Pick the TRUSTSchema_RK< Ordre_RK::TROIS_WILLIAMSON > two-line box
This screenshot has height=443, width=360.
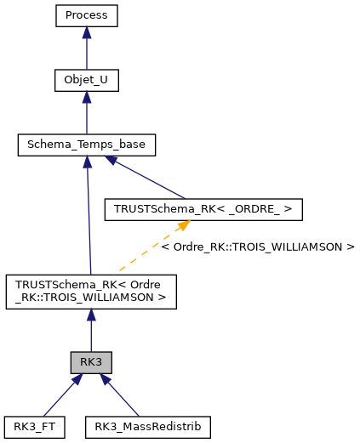(91, 292)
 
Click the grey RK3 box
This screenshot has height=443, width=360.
(91, 362)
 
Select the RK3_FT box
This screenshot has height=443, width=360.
(35, 426)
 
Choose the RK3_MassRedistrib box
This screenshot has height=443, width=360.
(147, 426)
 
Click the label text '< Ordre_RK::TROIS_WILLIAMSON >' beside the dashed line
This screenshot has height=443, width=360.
(257, 247)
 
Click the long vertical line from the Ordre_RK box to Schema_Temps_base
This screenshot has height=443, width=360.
(89, 221)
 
